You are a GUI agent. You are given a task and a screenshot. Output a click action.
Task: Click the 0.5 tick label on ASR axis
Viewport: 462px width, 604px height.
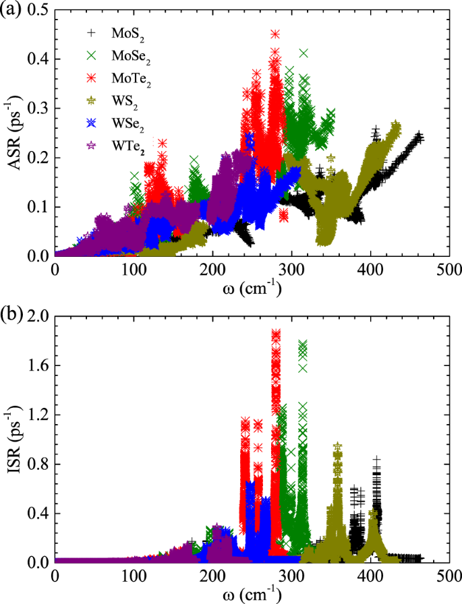coord(38,10)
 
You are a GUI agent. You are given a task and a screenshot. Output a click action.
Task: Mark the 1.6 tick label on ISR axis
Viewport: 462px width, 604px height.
coord(38,365)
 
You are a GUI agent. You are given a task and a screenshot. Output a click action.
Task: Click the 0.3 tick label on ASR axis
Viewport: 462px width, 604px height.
coord(38,109)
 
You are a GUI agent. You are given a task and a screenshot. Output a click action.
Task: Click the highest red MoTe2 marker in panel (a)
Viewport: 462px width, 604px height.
coord(275,34)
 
